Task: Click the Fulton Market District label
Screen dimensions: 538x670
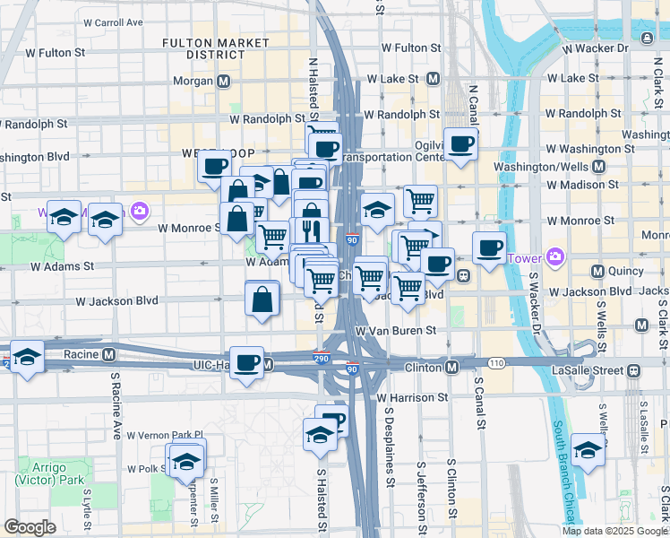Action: pyautogui.click(x=215, y=48)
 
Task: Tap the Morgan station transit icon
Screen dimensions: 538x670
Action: pyautogui.click(x=223, y=82)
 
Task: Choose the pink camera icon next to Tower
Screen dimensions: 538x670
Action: pyautogui.click(x=555, y=258)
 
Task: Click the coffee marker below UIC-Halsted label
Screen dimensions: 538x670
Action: pyautogui.click(x=247, y=362)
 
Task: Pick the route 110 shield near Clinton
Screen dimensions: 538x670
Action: pyautogui.click(x=496, y=362)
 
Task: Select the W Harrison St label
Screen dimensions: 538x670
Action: pyautogui.click(x=412, y=396)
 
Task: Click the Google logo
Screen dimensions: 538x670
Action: pyautogui.click(x=30, y=527)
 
